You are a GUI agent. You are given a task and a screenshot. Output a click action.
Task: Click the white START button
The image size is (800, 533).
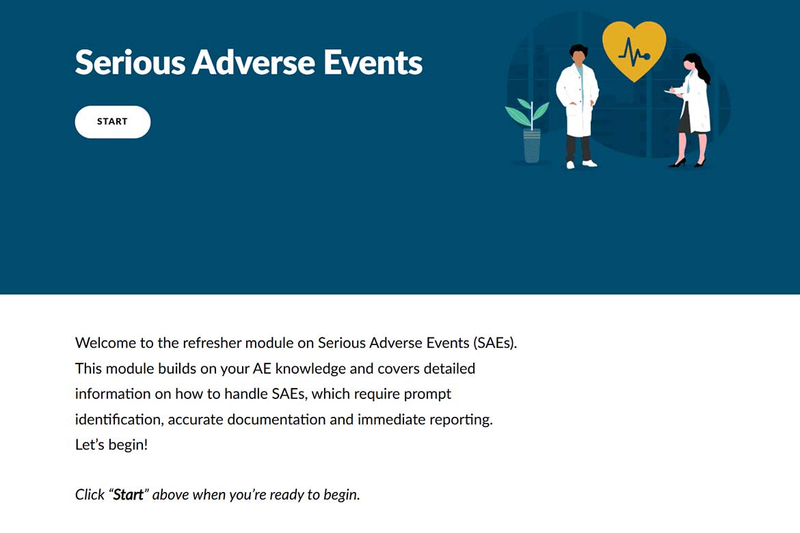point(113,122)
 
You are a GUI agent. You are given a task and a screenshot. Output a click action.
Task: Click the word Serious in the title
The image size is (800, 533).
point(130,63)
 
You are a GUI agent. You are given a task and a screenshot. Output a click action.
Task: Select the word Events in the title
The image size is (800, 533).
point(373,63)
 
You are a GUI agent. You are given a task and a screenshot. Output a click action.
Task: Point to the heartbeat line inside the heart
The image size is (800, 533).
point(634,53)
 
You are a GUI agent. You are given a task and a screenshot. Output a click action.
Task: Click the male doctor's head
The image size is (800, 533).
point(578,54)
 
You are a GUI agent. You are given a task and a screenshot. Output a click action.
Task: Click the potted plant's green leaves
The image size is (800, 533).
point(528,113)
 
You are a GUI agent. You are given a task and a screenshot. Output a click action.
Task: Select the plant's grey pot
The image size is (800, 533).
point(532,146)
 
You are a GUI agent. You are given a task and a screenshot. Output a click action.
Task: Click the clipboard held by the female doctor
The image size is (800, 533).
point(672,92)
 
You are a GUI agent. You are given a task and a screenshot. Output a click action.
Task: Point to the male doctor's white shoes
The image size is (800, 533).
point(582,164)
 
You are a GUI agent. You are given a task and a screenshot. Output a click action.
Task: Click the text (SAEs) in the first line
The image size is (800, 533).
point(495,343)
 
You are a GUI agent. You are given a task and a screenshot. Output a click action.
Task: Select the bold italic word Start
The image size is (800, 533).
point(128,495)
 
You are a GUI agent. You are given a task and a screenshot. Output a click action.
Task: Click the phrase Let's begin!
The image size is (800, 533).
point(111,445)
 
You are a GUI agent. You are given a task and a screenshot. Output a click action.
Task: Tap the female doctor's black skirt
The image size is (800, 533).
point(684,119)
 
